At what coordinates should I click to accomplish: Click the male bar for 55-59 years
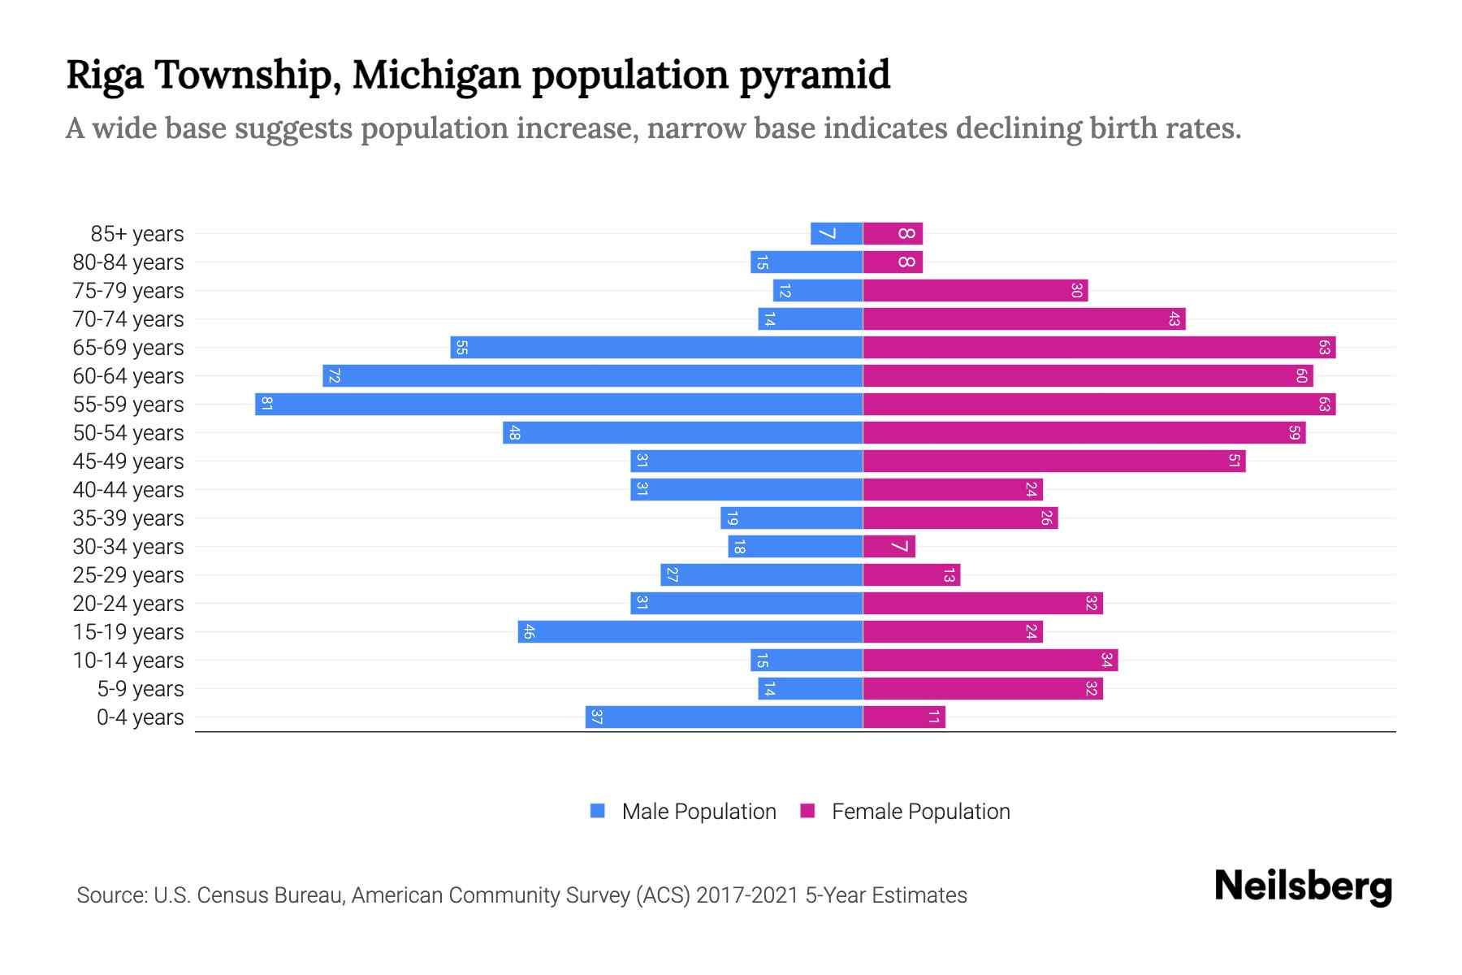(559, 404)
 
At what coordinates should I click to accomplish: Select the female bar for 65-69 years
(1099, 347)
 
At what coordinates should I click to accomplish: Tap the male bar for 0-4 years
(724, 717)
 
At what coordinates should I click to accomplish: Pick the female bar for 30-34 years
(889, 546)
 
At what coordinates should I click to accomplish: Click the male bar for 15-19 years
(690, 631)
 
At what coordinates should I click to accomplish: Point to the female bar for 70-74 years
(1023, 318)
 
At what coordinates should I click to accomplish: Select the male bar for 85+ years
(837, 233)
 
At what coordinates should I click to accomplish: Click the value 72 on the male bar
(334, 375)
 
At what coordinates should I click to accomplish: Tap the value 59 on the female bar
(1294, 432)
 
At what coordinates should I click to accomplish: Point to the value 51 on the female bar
(1234, 461)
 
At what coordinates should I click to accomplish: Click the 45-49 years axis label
(128, 461)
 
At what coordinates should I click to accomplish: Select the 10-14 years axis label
(128, 660)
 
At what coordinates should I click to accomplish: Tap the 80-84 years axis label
(128, 262)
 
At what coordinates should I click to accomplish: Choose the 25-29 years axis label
(128, 574)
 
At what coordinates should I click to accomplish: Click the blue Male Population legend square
(598, 811)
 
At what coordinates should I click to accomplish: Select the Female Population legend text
(920, 811)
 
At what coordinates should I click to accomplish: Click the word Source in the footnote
(110, 895)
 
